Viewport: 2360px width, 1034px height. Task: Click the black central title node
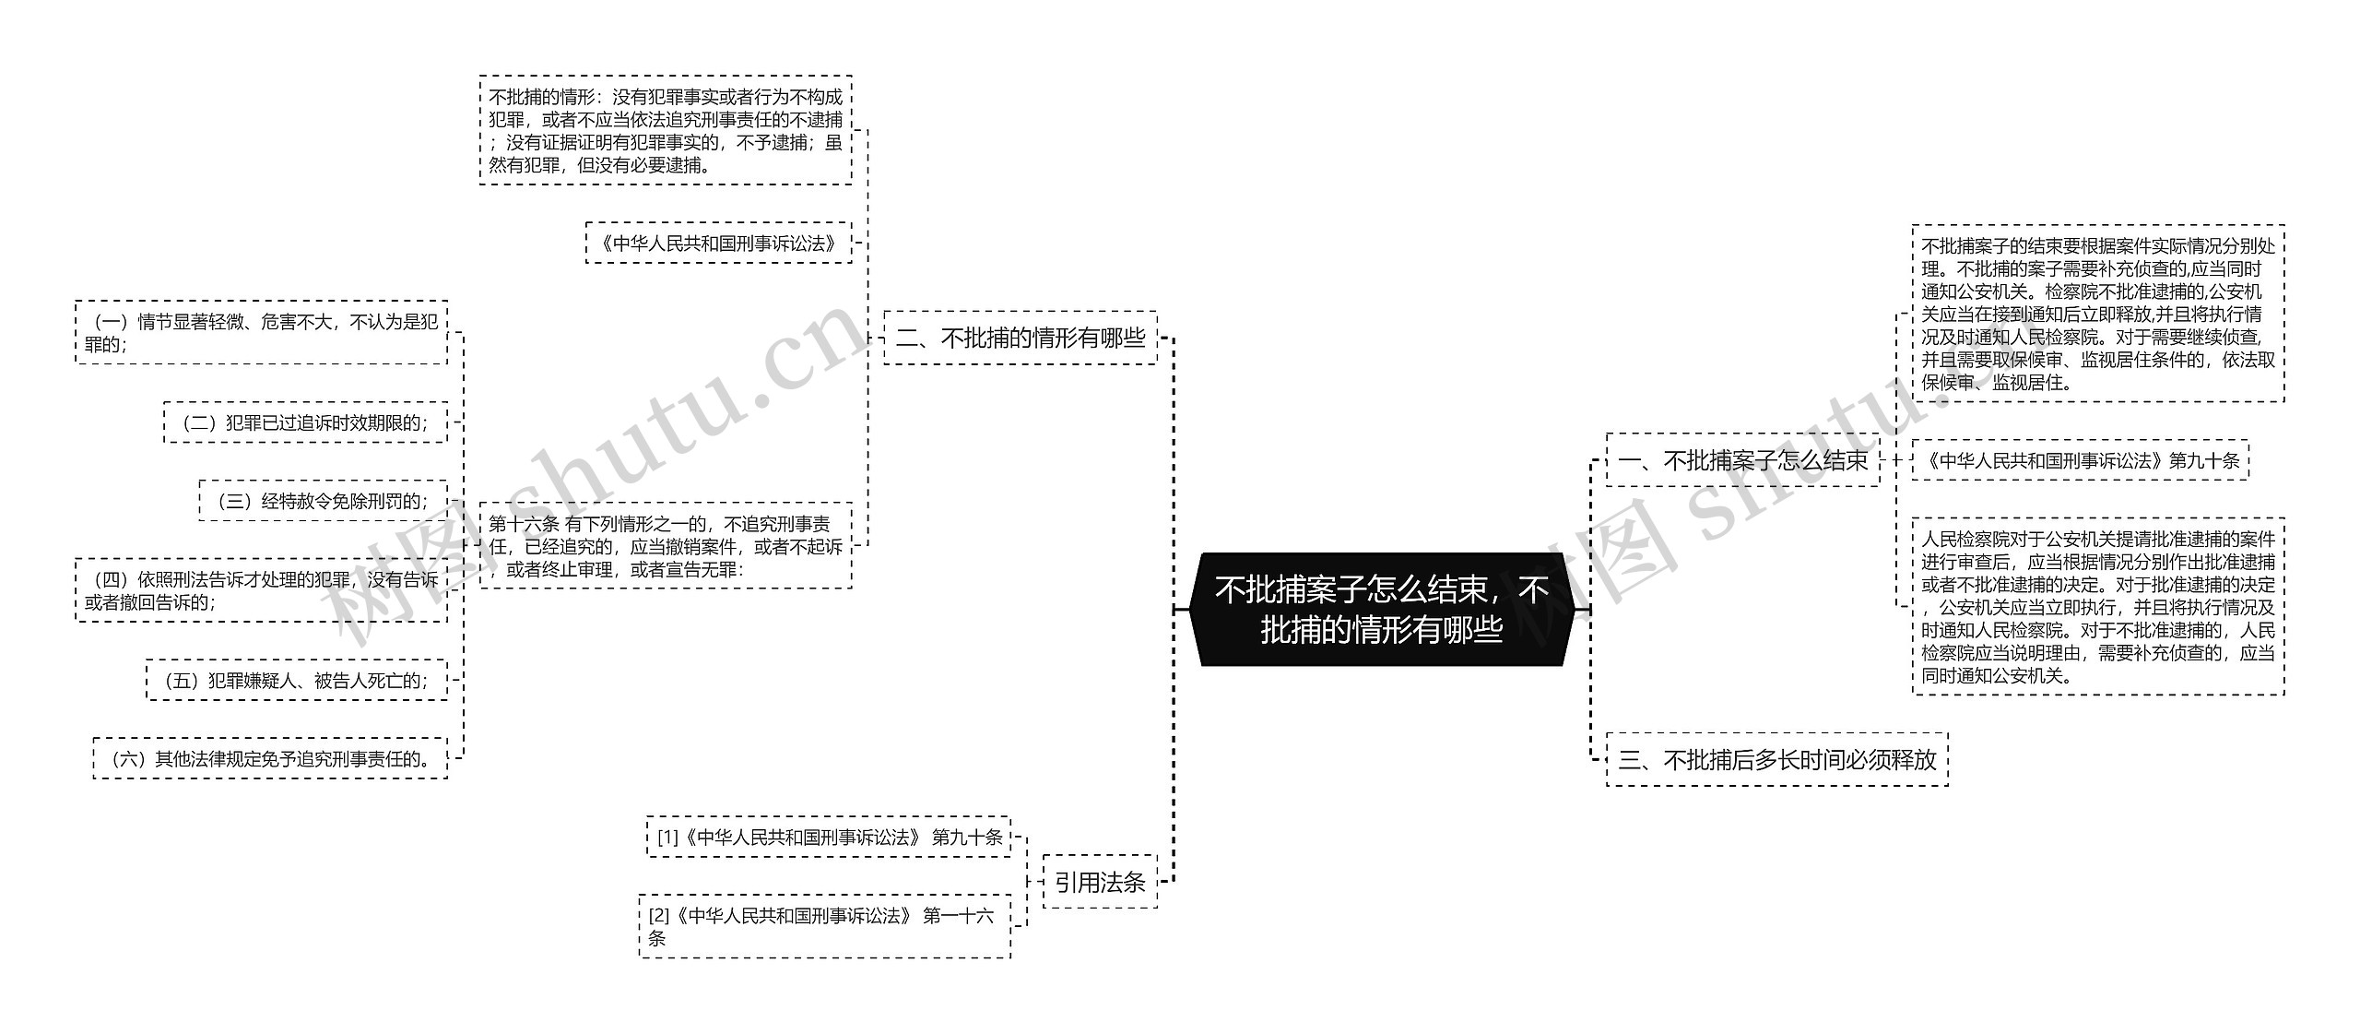coord(1380,609)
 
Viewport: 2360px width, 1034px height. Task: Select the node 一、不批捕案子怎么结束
coord(1742,460)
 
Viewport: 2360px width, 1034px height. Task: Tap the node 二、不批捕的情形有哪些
coord(1020,339)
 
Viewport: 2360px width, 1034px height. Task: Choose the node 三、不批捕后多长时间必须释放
coord(1776,759)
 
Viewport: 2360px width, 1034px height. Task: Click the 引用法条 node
coord(1100,883)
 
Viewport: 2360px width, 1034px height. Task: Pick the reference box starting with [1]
coord(828,838)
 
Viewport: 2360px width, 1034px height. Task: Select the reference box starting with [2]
coord(823,926)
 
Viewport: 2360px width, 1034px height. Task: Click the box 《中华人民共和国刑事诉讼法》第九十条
coord(2080,460)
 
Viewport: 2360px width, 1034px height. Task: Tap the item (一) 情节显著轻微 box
coord(261,333)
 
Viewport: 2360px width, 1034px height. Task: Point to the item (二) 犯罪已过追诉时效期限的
coord(305,423)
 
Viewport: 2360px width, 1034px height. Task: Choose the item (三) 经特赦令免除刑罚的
coord(323,501)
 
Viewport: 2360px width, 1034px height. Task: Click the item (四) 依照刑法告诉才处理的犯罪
coord(261,590)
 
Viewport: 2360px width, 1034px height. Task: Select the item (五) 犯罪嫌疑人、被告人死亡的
coord(296,681)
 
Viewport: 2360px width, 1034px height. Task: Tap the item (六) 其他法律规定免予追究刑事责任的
coord(270,759)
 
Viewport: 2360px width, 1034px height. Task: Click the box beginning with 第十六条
coord(665,546)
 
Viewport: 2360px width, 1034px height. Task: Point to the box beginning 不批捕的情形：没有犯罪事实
coord(665,131)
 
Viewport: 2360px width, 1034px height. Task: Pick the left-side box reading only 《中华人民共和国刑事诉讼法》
coord(718,244)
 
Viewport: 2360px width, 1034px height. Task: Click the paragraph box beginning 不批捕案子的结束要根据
coord(2097,314)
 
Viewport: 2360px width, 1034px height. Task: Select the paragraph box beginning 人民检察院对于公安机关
coord(2097,606)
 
